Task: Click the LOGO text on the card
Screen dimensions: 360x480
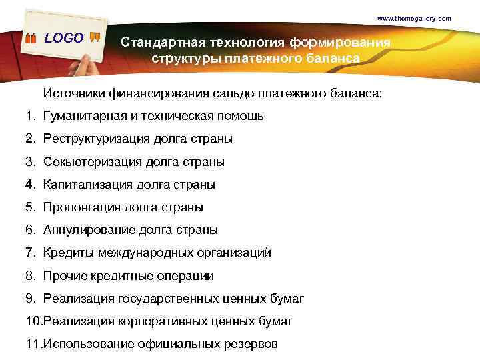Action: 64,38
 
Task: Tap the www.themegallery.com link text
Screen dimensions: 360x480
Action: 414,18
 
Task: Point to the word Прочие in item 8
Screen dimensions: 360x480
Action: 63,275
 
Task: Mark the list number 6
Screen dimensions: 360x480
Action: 30,230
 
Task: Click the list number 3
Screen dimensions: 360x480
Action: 30,162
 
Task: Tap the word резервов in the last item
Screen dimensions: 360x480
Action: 253,344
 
